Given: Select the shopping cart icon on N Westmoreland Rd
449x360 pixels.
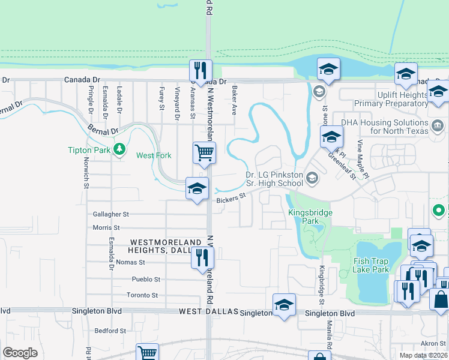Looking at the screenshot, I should pos(204,154).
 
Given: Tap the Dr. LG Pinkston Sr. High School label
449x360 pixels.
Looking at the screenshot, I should pos(274,179).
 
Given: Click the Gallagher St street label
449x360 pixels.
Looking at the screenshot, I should pos(111,214).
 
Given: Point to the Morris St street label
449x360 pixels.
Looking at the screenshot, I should pos(107,228).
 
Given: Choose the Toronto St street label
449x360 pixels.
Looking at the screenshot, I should pos(142,295).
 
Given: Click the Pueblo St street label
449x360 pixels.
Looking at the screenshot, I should pos(146,279).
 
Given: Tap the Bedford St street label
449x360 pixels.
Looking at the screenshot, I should pos(110,331).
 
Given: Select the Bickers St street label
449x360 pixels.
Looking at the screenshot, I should pos(232,198).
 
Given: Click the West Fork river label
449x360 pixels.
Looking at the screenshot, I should pos(154,155).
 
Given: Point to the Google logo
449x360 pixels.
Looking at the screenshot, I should pos(20,352).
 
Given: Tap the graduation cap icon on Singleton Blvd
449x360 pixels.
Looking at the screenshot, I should pos(284,304).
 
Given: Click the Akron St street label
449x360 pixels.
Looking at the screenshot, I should pos(433,343).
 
